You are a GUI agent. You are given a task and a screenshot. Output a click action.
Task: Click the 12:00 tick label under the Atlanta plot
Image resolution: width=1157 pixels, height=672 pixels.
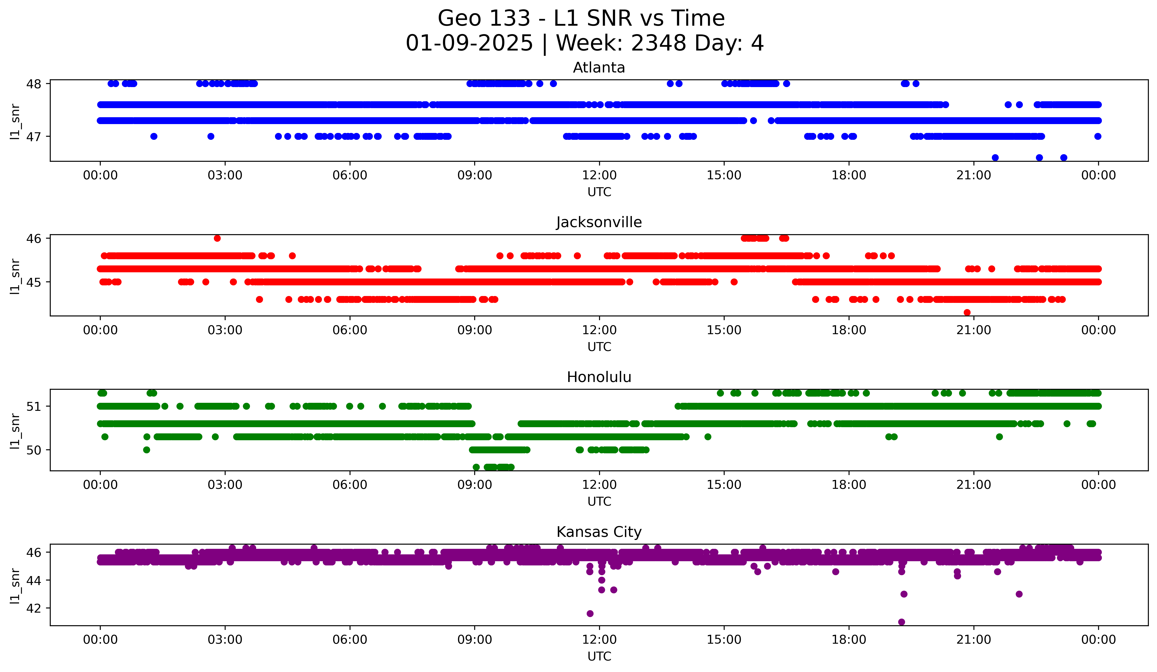tap(599, 175)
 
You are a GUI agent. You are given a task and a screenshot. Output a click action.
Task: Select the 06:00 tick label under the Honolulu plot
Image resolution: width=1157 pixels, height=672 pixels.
tap(350, 485)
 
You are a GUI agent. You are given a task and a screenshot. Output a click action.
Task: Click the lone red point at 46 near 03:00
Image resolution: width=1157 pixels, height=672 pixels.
tap(217, 238)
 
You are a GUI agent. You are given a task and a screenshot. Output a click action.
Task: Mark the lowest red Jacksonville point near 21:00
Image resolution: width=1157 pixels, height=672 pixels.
tap(967, 312)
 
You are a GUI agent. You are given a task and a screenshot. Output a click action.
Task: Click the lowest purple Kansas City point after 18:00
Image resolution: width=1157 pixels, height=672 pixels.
tap(901, 622)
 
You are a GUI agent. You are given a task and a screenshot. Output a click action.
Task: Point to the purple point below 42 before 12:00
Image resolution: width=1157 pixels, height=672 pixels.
tap(590, 614)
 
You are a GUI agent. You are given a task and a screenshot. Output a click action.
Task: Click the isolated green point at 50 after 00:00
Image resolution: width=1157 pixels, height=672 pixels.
tap(147, 450)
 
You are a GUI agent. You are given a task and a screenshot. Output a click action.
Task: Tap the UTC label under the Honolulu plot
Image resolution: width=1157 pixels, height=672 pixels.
tap(599, 502)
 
